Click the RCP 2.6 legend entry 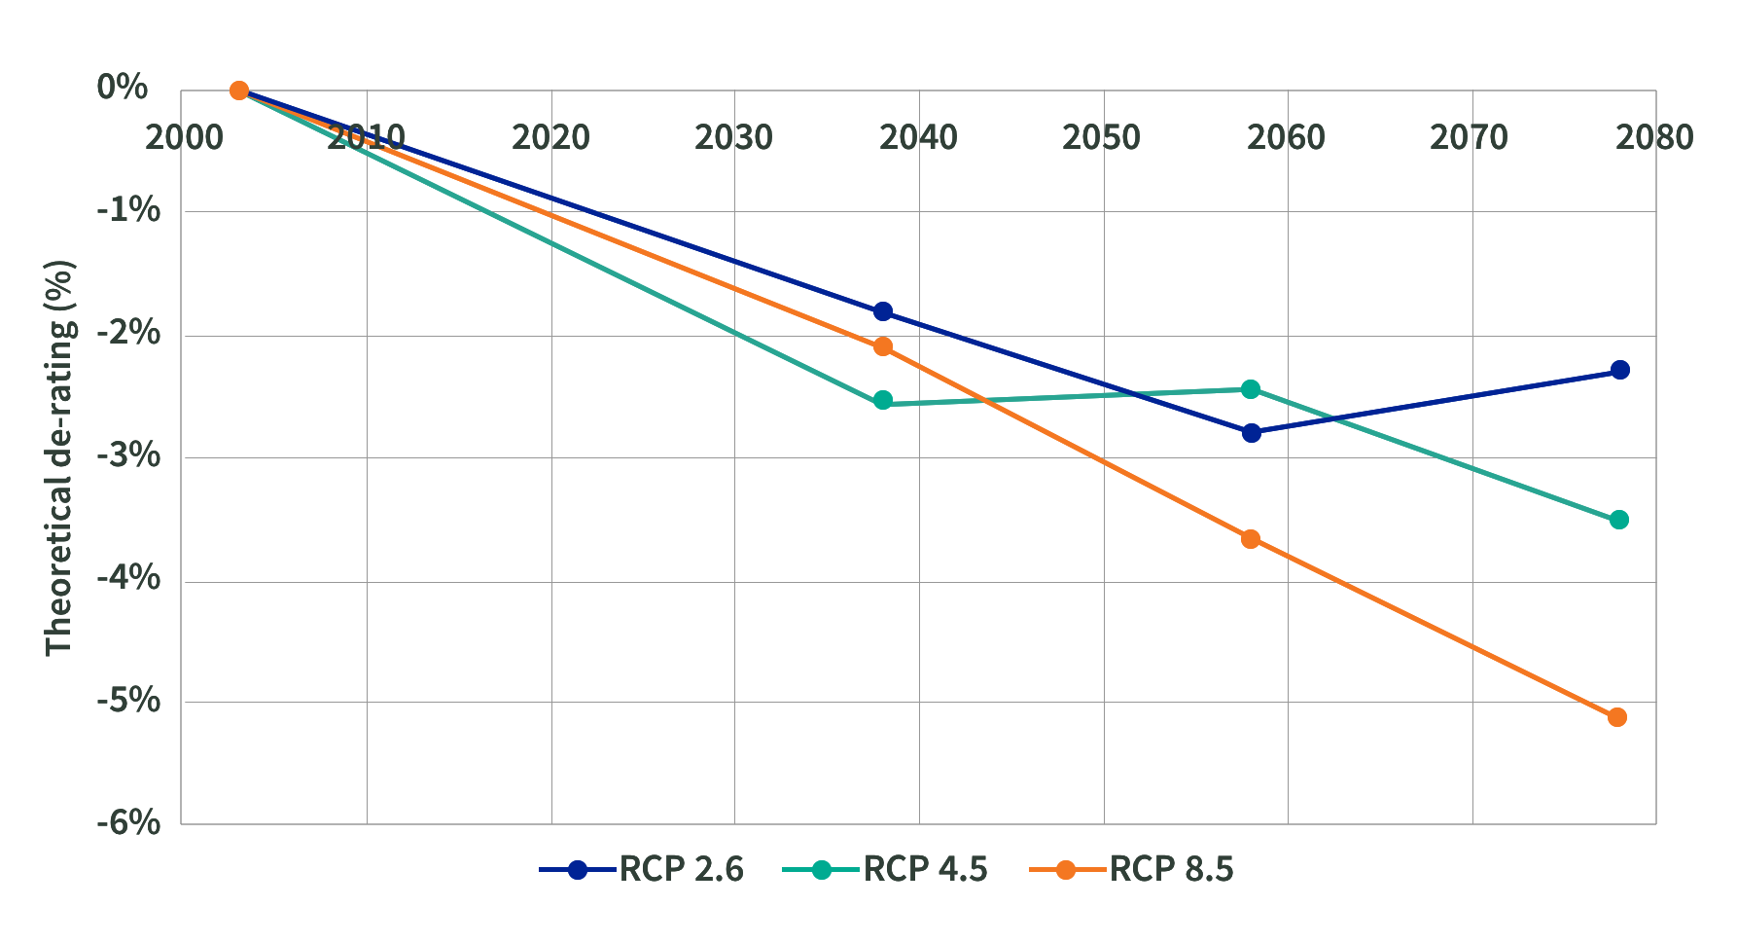point(642,869)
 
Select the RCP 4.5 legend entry point(885,869)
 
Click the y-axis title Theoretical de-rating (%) point(60,457)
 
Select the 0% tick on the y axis point(123,88)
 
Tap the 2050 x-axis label point(1101,138)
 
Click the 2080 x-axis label point(1654,138)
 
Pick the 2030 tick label point(733,138)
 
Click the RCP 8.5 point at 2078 point(1617,717)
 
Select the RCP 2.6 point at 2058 point(1252,432)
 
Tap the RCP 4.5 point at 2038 point(883,400)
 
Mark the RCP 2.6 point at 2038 point(883,311)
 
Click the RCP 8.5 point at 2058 point(1251,539)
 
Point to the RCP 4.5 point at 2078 point(1619,520)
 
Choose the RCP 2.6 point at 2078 point(1620,370)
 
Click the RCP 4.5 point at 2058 point(1251,389)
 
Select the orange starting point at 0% point(239,91)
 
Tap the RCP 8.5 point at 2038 point(883,346)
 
